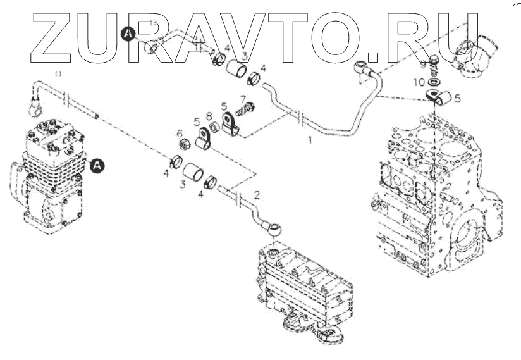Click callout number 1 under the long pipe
tap(310, 139)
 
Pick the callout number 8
tap(209, 116)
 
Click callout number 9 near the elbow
tap(422, 64)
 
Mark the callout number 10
tap(420, 82)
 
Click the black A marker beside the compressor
tap(97, 166)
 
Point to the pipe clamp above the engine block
tap(438, 97)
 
